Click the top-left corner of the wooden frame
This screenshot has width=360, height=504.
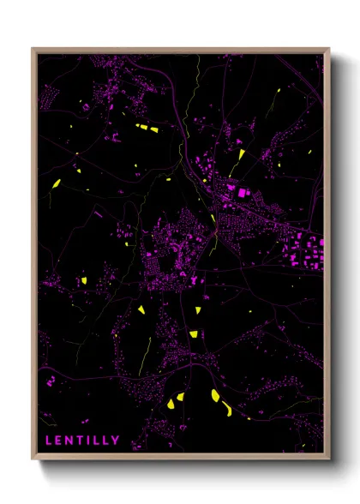33,49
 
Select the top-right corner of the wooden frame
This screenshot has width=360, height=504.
329,49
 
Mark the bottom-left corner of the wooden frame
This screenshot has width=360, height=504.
33,460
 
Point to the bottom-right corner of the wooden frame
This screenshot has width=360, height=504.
329,460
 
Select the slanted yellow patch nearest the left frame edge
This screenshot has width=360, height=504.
56,183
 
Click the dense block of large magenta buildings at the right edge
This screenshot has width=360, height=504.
304,251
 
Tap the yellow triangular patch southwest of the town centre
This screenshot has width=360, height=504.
141,309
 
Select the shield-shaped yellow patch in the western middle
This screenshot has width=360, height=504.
84,280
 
